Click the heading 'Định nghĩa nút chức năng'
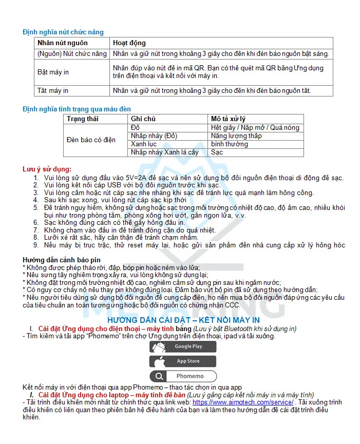click(63, 32)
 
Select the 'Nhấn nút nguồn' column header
click(62, 43)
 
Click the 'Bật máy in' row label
click(53, 72)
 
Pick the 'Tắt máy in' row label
click(52, 91)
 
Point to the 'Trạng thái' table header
click(82, 119)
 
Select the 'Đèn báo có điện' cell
click(91, 140)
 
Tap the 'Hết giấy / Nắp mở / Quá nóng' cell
click(255, 128)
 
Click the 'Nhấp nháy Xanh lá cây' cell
click(164, 152)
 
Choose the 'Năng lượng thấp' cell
click(236, 136)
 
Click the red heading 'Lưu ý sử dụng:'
click(47, 169)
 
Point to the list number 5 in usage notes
click(36, 208)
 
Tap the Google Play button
click(183, 346)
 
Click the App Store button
click(183, 361)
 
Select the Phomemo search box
click(183, 376)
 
